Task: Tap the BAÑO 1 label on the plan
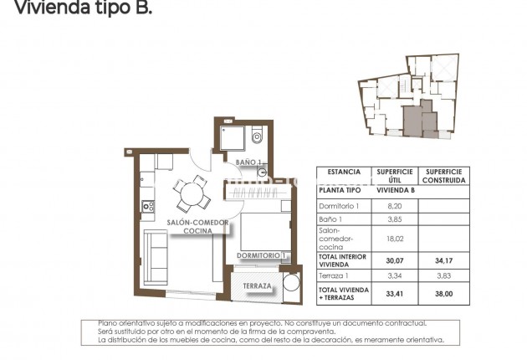click(249, 162)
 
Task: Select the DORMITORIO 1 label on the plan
click(262, 255)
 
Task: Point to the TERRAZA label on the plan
click(257, 286)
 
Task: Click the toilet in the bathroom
click(257, 136)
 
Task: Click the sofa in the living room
click(156, 255)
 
